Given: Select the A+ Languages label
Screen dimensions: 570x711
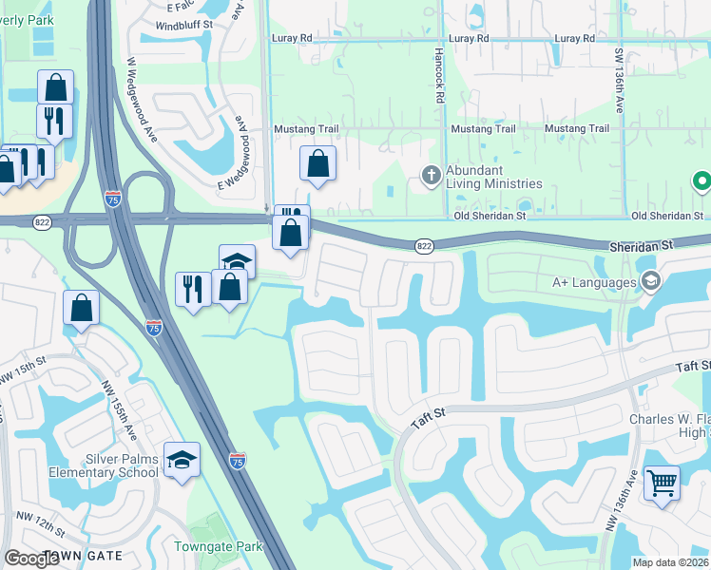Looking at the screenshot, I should (x=595, y=282).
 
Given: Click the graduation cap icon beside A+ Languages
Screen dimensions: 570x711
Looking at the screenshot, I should (x=651, y=280).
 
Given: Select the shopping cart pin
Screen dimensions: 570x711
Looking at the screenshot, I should (x=662, y=482).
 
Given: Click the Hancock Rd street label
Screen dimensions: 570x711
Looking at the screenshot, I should (x=440, y=76).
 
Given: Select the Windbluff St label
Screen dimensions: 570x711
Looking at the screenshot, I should (x=183, y=25).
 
